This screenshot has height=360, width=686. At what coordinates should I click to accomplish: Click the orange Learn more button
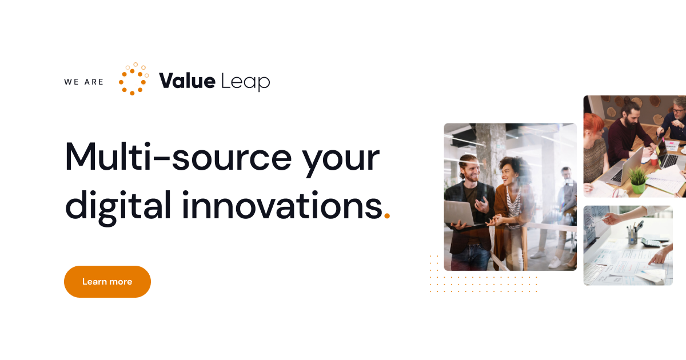pos(107,282)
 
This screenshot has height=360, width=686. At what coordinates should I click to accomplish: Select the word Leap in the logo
pos(245,82)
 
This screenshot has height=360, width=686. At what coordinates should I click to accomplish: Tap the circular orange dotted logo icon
pos(133,79)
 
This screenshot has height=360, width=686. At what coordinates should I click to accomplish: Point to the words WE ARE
pos(84,82)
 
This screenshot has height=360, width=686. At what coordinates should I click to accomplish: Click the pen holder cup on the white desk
pos(632,237)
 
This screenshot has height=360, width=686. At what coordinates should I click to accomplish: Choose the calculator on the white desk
pos(651,242)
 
